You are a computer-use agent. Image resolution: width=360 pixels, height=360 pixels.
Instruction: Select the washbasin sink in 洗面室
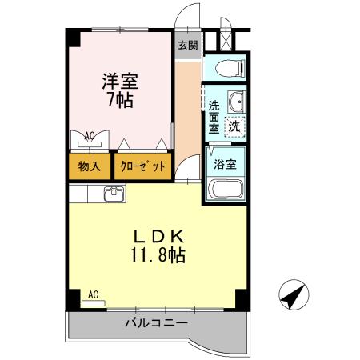point(236,102)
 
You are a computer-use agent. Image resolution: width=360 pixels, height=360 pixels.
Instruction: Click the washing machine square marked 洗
point(234,125)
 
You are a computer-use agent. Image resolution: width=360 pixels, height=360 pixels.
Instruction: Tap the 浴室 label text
point(223,164)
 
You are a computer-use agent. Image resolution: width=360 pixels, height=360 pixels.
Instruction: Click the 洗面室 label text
point(214,115)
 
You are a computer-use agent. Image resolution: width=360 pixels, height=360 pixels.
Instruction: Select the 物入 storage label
point(89,166)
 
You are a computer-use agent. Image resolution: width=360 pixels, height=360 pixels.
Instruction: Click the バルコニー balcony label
point(155,323)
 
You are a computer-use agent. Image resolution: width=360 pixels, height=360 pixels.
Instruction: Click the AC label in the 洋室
point(90,135)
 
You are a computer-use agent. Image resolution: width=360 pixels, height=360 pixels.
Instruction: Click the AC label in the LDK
point(93,294)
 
